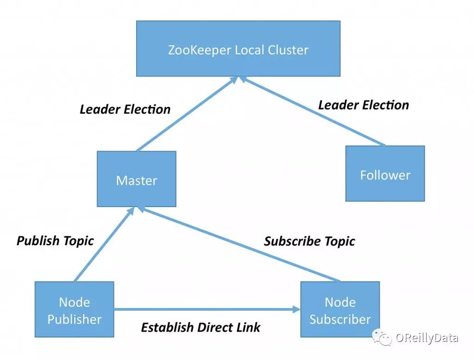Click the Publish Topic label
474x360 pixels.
pos(55,241)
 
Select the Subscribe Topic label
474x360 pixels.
pos(309,241)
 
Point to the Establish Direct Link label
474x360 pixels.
pos(200,328)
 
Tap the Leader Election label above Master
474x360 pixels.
pos(125,110)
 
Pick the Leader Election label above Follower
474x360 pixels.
pos(363,105)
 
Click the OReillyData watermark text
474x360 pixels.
pos(426,338)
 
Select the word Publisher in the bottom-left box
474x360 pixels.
pos(74,319)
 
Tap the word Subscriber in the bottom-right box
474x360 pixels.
pos(340,319)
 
